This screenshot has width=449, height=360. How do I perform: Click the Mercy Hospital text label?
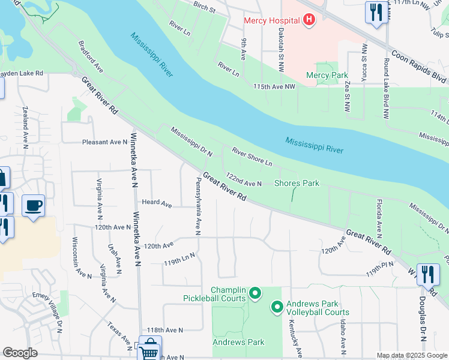pos(271,21)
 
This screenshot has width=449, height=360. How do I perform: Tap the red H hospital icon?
pos(309,21)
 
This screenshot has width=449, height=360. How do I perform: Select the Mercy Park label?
pos(327,76)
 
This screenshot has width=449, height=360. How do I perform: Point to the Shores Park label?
pos(297,183)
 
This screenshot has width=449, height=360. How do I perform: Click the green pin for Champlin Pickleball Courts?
pos(255,293)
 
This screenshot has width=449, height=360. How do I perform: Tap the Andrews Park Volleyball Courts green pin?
pos(277,308)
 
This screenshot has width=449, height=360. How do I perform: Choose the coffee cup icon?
pos(34,206)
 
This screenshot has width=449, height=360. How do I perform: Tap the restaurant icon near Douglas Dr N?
pos(427,275)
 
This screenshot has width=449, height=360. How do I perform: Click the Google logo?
pos(20,353)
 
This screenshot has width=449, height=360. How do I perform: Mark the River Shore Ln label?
pos(252,157)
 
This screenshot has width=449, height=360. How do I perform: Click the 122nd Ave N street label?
pos(243,180)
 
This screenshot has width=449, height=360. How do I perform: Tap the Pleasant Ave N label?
pos(104,142)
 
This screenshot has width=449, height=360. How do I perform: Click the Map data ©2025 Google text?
pos(411,355)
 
